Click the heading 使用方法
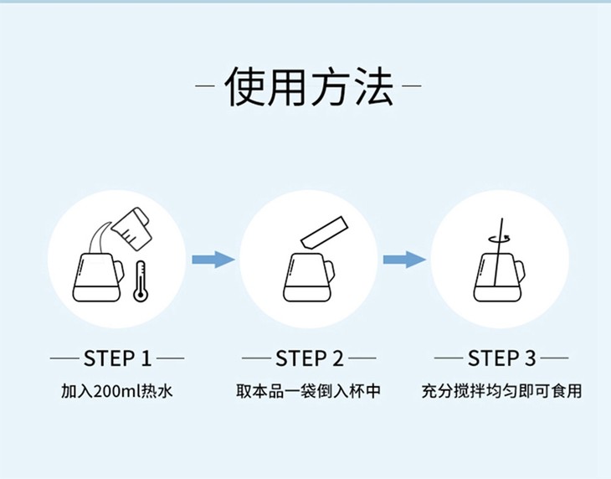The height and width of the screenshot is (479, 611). (x=309, y=86)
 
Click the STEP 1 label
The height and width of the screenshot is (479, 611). (x=117, y=358)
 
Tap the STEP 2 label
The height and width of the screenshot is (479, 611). (x=310, y=358)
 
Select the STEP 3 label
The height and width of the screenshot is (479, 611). (x=501, y=358)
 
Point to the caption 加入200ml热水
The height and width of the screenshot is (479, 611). (x=117, y=391)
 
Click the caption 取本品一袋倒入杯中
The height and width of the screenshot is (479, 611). (x=308, y=391)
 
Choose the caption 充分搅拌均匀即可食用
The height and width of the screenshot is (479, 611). (x=501, y=391)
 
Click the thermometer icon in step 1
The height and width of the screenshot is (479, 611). (x=141, y=281)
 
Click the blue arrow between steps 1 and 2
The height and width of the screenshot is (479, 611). (x=213, y=260)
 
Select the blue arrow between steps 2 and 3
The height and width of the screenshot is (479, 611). (x=404, y=260)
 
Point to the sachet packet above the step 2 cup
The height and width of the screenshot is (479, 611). (x=324, y=232)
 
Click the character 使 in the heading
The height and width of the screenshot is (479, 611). (x=245, y=86)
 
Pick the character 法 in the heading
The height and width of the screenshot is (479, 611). (x=373, y=86)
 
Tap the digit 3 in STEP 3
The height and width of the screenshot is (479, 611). (x=530, y=358)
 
